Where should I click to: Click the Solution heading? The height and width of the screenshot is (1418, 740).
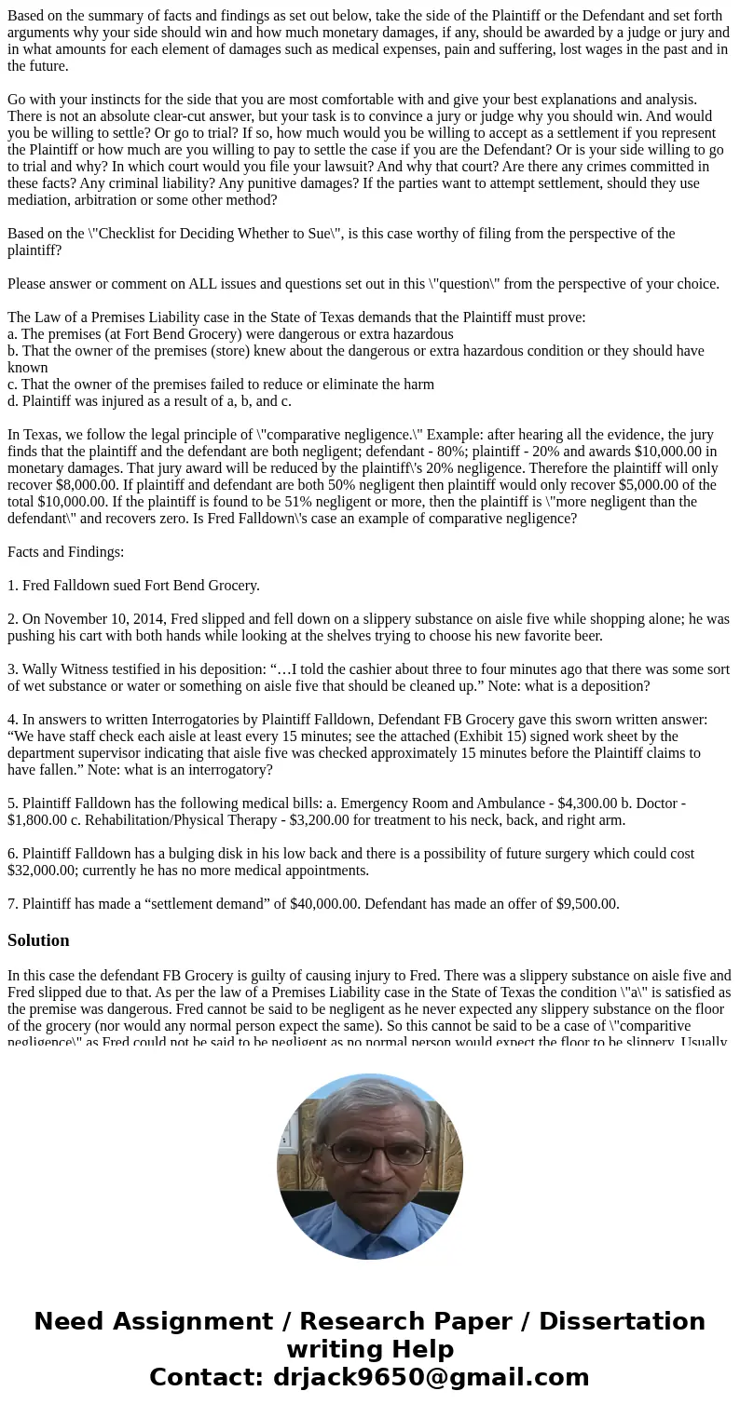point(38,940)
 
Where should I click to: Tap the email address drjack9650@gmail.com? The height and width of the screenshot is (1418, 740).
point(431,1377)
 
